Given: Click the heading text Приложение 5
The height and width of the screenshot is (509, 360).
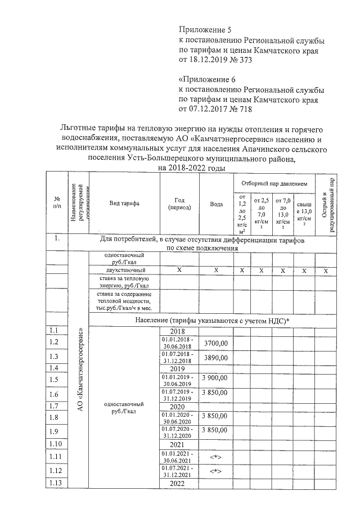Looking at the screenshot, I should tap(205, 29).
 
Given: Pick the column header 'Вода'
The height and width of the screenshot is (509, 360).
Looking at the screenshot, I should tap(216, 204).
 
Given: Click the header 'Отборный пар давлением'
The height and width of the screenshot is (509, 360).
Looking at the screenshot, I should tap(274, 183).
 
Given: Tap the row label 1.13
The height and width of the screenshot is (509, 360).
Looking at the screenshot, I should tap(55, 482).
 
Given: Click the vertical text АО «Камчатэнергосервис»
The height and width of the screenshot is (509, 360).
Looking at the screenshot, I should tap(80, 371).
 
